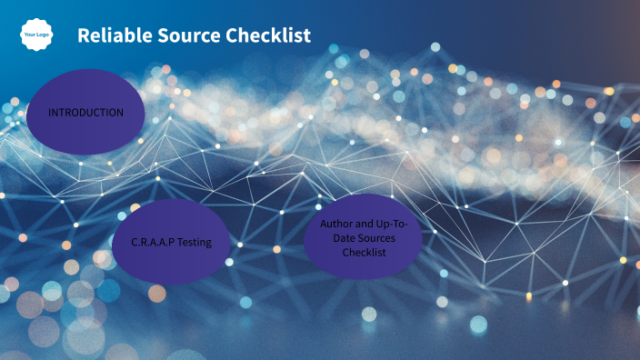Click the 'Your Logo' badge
[36, 35]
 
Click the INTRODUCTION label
[86, 113]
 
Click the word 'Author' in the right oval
[336, 224]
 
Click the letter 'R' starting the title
[83, 35]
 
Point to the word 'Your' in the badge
[30, 35]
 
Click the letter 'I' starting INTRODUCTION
[50, 113]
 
